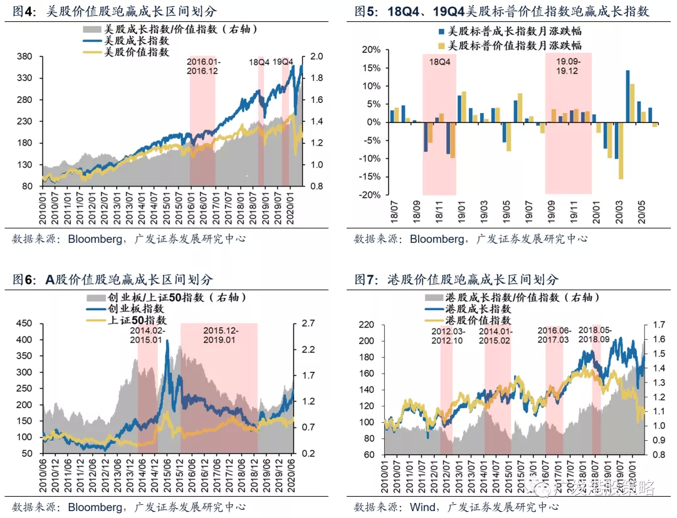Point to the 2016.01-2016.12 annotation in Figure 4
click(204, 67)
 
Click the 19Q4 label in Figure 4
click(283, 62)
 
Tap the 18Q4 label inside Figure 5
click(439, 62)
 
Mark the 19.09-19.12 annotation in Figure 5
click(568, 67)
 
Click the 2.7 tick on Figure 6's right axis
click(308, 324)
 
